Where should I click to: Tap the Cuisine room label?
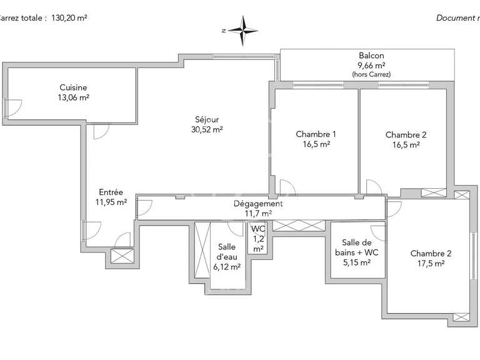[73, 87]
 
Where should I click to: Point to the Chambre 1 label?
[316, 134]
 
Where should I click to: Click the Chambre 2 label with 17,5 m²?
[430, 254]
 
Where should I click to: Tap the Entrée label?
[111, 192]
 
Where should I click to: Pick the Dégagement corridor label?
[258, 203]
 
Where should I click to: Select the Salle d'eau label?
[227, 257]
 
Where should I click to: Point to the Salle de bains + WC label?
[360, 247]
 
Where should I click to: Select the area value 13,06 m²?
[73, 97]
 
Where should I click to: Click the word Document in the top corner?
[456, 18]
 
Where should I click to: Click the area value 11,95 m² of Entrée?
[111, 202]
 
